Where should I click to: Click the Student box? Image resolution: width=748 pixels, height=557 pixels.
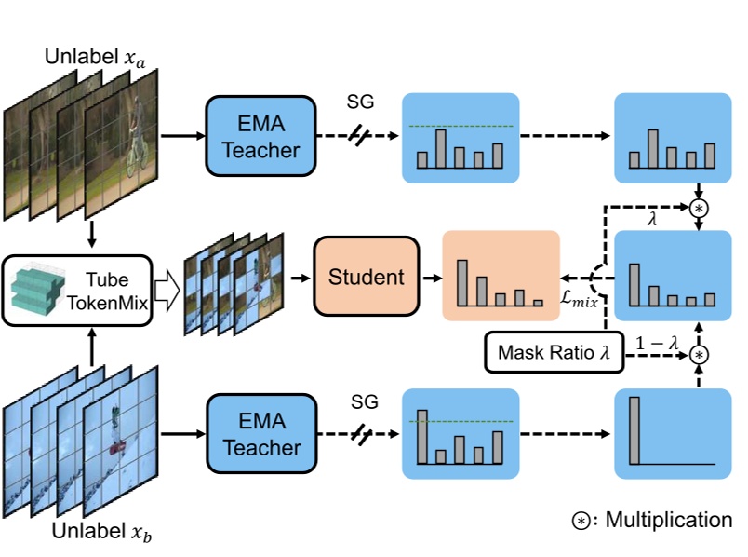(x=367, y=277)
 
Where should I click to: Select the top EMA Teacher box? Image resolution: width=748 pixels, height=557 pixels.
(x=253, y=136)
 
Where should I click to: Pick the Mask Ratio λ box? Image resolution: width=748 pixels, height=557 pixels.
(x=553, y=352)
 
